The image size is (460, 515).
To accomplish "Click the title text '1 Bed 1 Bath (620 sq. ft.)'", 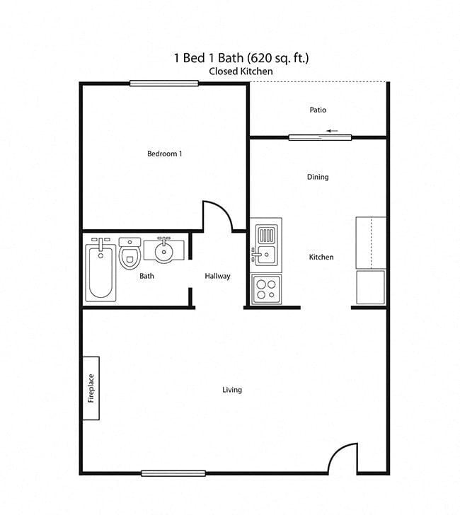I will [241, 58].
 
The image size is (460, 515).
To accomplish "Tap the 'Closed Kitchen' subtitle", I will [241, 71].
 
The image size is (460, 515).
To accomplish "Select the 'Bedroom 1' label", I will [165, 154].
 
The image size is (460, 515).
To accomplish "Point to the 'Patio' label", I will [318, 110].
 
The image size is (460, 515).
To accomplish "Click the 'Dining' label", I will [318, 177].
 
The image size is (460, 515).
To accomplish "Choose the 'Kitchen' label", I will [321, 257].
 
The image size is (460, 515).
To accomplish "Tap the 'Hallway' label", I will [217, 276].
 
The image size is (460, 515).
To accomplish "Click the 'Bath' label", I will [146, 276].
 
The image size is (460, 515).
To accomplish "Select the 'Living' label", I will [232, 390].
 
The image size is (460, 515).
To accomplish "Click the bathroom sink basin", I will [163, 250].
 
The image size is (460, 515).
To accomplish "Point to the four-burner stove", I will [267, 289].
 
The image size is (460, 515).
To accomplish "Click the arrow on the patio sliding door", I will [332, 131].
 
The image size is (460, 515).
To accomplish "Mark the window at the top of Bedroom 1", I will [163, 83].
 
